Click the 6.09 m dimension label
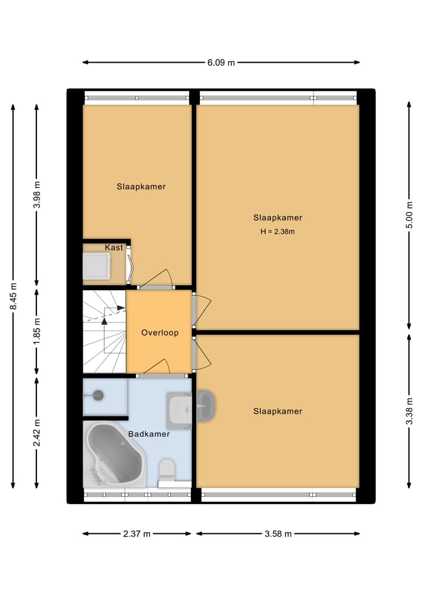click(x=220, y=63)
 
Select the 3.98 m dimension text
click(x=37, y=195)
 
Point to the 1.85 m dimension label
click(x=37, y=332)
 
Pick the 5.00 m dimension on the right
click(x=409, y=215)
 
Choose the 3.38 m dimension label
click(x=409, y=411)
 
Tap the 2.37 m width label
click(x=137, y=534)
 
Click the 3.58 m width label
click(x=278, y=534)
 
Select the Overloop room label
click(x=159, y=333)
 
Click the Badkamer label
click(x=149, y=434)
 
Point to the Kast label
click(x=114, y=248)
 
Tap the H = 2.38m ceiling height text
click(x=277, y=231)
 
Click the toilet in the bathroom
click(x=167, y=469)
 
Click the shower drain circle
click(x=98, y=396)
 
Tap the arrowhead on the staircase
click(x=104, y=321)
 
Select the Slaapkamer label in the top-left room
click(x=141, y=187)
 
